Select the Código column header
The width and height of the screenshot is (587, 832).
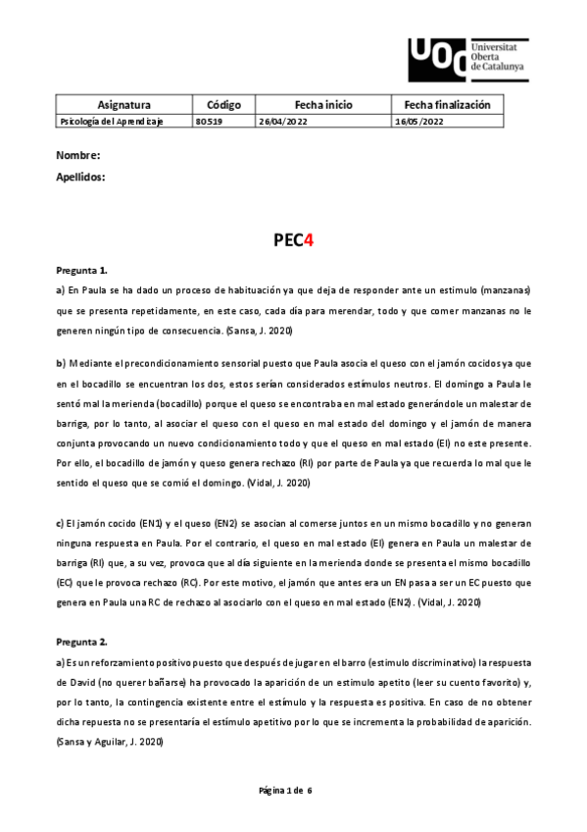[x=223, y=104]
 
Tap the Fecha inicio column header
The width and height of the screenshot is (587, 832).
[x=322, y=104]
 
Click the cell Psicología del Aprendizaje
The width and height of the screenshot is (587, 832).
[x=111, y=121]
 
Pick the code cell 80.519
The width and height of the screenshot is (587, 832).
[x=209, y=121]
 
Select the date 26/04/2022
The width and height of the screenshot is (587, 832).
[x=283, y=121]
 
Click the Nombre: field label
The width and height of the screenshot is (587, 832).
[x=78, y=156]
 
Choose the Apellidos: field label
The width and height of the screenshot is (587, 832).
[x=81, y=178]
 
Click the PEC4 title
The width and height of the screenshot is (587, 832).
[x=292, y=238]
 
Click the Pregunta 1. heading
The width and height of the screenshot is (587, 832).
[x=82, y=269]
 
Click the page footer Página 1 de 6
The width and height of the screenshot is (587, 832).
[x=293, y=790]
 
